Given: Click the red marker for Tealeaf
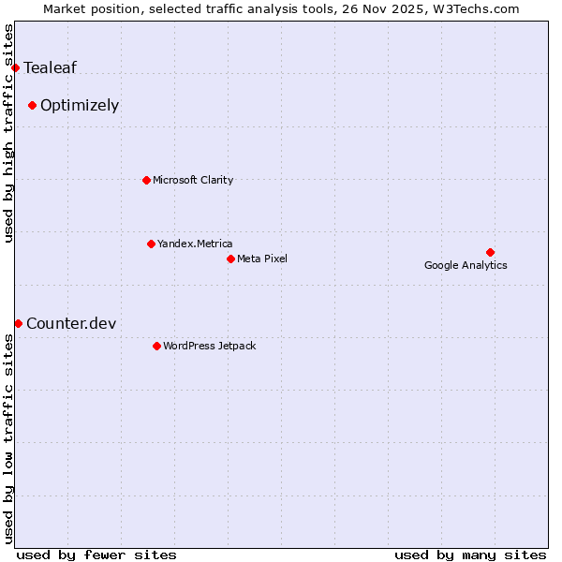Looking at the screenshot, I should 15,67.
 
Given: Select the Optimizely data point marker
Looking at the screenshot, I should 32,105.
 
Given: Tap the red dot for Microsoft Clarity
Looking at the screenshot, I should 146,180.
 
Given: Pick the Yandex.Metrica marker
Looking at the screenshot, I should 151,244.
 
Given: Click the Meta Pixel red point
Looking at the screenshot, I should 230,259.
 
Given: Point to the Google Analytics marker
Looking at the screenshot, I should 490,252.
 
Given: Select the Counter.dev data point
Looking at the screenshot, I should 18,323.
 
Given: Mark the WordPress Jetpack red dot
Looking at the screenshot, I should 156,346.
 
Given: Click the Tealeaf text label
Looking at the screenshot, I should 51,67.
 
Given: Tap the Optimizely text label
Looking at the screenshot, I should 80,105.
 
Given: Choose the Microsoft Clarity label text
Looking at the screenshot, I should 193,180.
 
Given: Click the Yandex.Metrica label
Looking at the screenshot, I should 195,244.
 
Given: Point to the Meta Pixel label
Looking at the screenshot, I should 262,259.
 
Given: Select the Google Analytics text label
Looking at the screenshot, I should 466,265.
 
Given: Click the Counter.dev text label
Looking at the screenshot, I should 71,323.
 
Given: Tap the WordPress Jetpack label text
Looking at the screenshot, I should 209,346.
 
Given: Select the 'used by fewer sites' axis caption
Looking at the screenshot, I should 96,555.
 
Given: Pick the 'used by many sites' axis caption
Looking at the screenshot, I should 470,555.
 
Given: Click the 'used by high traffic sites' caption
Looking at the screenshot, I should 8,133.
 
